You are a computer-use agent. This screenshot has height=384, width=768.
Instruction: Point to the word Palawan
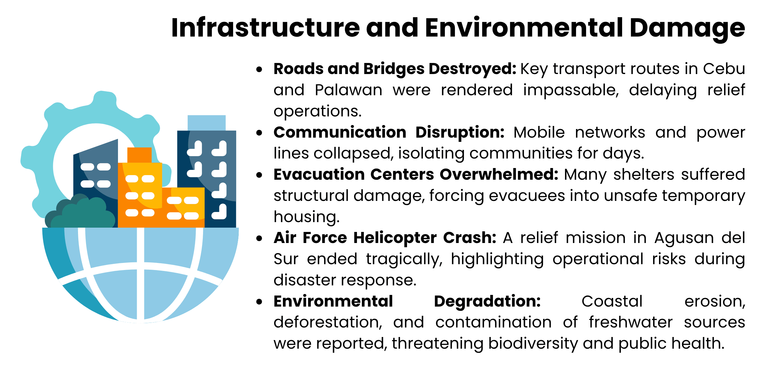348,90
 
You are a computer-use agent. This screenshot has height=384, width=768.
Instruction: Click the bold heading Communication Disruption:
389,132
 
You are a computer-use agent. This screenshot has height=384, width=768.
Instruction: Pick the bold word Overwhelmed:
499,174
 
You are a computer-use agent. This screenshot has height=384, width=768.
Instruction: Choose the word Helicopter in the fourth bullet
395,238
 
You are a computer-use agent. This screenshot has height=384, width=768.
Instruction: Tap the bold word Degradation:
487,301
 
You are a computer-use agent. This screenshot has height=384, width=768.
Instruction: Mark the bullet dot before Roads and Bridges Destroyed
259,69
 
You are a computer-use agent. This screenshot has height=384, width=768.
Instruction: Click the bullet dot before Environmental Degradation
259,302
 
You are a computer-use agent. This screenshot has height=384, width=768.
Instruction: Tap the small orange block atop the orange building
139,155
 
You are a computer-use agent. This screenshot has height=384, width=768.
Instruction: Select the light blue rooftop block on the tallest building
206,123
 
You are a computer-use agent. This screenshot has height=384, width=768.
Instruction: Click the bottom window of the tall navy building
219,212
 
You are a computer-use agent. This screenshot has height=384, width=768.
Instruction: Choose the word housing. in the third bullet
307,217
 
